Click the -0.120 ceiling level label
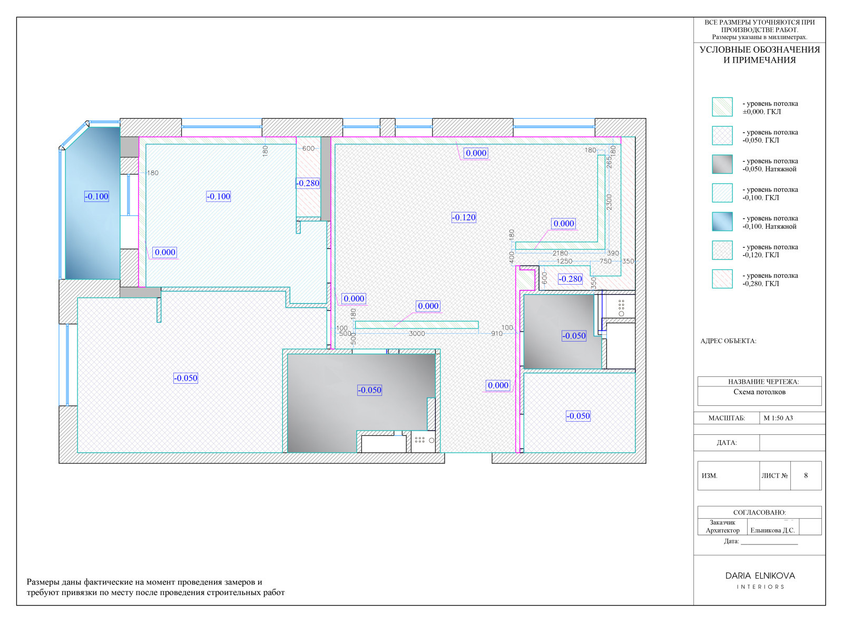tap(464, 218)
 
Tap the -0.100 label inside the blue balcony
tap(96, 196)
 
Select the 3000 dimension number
tap(417, 334)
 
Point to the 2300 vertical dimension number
tap(609, 202)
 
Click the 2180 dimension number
tap(560, 254)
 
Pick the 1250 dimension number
tap(564, 261)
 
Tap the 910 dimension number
tap(497, 334)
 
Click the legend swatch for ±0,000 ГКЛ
tap(722, 107)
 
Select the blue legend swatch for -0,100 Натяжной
tap(722, 222)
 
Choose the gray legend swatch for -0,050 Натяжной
tap(722, 164)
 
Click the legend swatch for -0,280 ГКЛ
tap(722, 279)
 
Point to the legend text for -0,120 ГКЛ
tap(770, 251)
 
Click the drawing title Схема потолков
tap(759, 392)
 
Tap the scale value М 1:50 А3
tap(778, 418)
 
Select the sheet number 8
tap(806, 475)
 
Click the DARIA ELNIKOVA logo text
tap(760, 576)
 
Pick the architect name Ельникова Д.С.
tap(772, 530)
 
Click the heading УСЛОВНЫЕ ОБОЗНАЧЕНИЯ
tap(759, 50)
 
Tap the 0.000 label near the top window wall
tap(476, 153)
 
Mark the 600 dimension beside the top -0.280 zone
tap(308, 148)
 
